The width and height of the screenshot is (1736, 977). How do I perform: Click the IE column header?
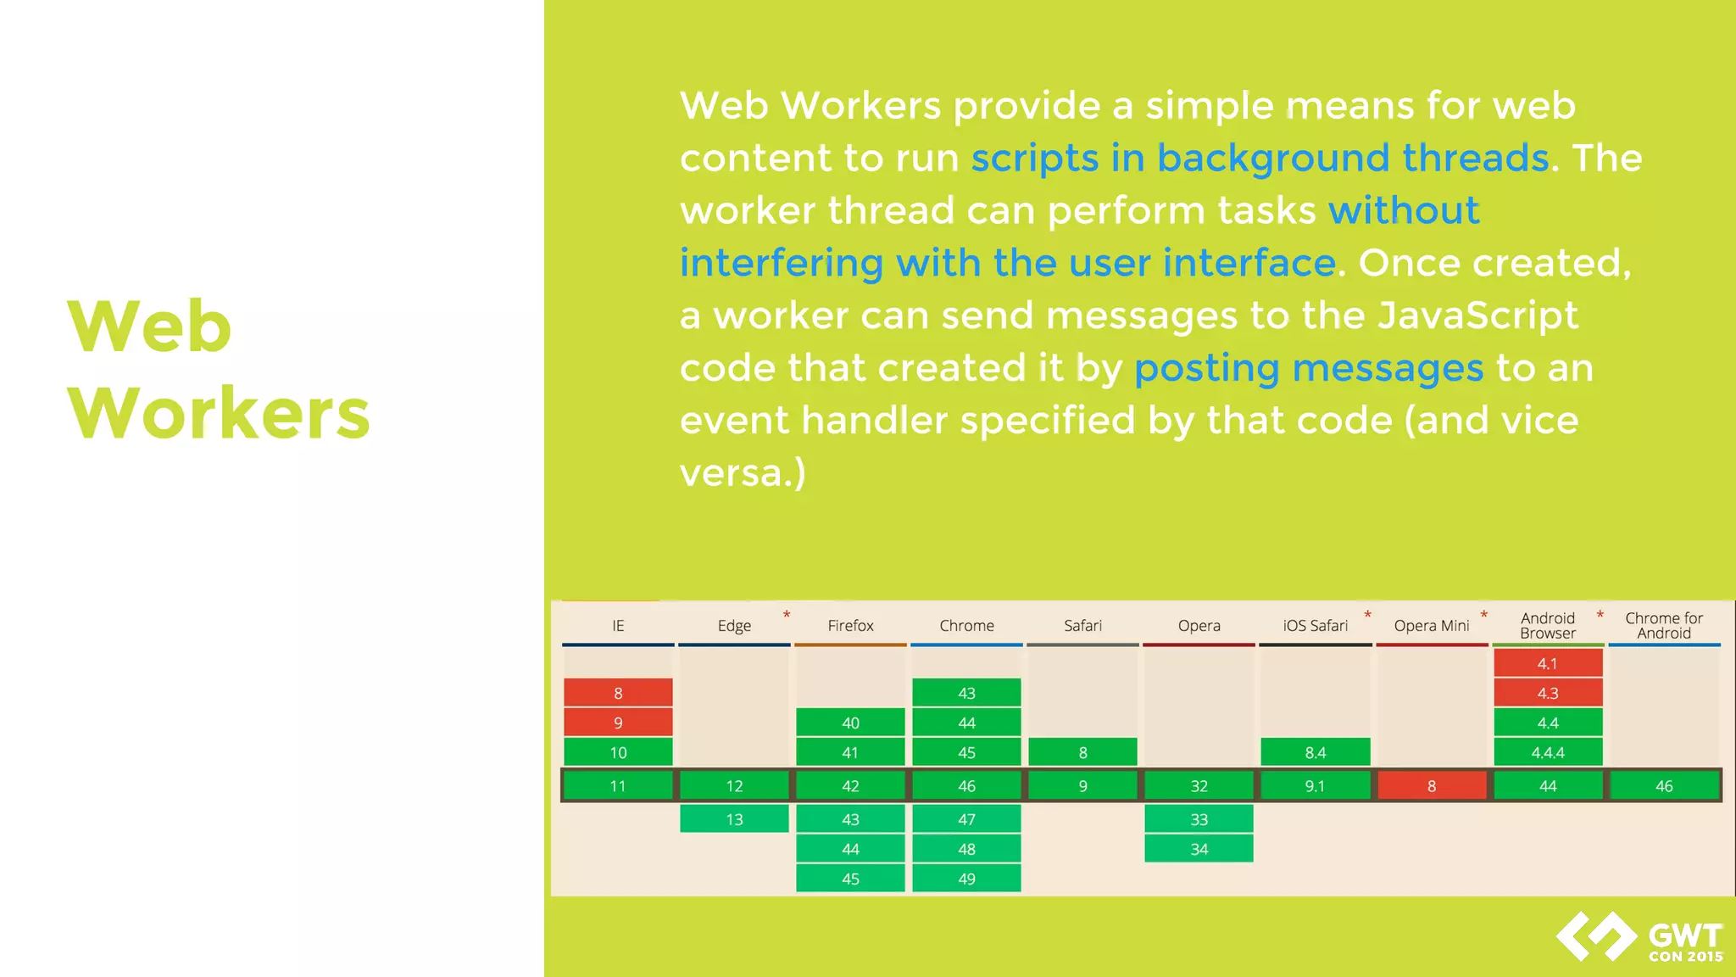click(618, 626)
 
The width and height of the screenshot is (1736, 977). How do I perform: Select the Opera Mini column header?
click(1432, 626)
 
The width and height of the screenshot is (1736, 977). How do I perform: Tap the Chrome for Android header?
click(1664, 626)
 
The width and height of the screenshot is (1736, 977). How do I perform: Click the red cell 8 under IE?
click(618, 693)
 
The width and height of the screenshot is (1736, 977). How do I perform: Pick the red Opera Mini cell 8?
click(1432, 786)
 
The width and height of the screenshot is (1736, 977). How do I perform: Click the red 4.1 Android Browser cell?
click(1548, 663)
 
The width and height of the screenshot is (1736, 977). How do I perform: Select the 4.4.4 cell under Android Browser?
click(1548, 752)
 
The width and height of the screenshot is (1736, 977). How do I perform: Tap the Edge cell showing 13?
click(734, 819)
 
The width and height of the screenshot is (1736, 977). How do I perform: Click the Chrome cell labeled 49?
click(966, 879)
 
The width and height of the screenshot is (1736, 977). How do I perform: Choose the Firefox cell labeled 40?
click(850, 723)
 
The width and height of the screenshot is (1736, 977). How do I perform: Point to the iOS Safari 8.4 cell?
click(1315, 752)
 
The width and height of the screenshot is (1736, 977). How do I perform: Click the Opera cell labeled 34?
click(1199, 849)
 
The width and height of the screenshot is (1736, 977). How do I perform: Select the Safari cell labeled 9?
click(1082, 786)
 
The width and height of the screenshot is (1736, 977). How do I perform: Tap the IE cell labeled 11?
click(618, 786)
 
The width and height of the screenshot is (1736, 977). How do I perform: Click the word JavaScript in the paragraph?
click(1477, 316)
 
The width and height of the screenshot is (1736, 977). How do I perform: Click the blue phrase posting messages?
click(1309, 369)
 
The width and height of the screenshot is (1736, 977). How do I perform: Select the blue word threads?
click(1475, 159)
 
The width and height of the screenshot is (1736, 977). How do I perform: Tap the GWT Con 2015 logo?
click(1639, 938)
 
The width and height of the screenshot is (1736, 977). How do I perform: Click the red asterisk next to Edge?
click(787, 614)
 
